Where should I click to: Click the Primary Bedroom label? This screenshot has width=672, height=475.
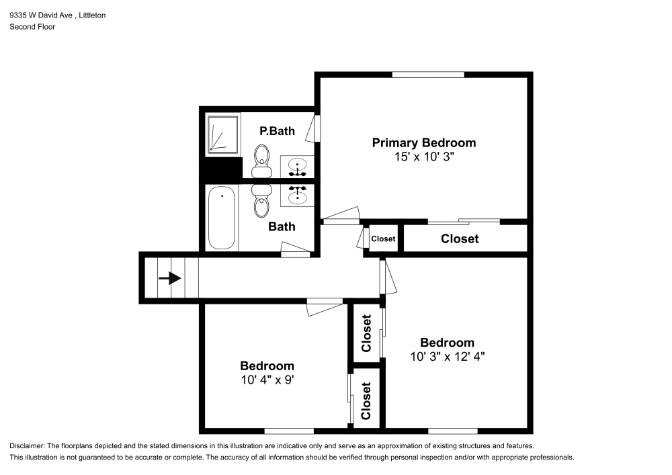click(x=424, y=142)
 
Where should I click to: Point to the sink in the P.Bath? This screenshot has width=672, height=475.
click(x=296, y=164)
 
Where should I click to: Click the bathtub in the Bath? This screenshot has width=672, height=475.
click(x=222, y=218)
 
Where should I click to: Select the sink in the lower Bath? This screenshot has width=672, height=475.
click(x=296, y=196)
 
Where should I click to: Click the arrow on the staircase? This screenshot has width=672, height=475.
click(x=170, y=277)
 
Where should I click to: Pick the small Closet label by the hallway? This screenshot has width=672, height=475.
click(x=383, y=239)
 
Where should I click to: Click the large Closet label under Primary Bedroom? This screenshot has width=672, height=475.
click(x=460, y=239)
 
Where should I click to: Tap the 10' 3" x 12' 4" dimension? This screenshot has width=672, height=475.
click(x=447, y=357)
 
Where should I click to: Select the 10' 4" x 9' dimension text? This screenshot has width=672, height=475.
click(x=267, y=380)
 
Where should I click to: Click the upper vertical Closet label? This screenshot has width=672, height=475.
click(x=366, y=334)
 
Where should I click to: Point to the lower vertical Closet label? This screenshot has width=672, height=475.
click(x=366, y=401)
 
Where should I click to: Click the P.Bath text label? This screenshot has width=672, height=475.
click(x=277, y=131)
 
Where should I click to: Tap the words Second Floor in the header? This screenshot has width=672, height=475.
click(x=32, y=27)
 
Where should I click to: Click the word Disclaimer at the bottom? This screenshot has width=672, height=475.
click(x=26, y=446)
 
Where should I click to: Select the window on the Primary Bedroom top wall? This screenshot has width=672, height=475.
click(x=427, y=74)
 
